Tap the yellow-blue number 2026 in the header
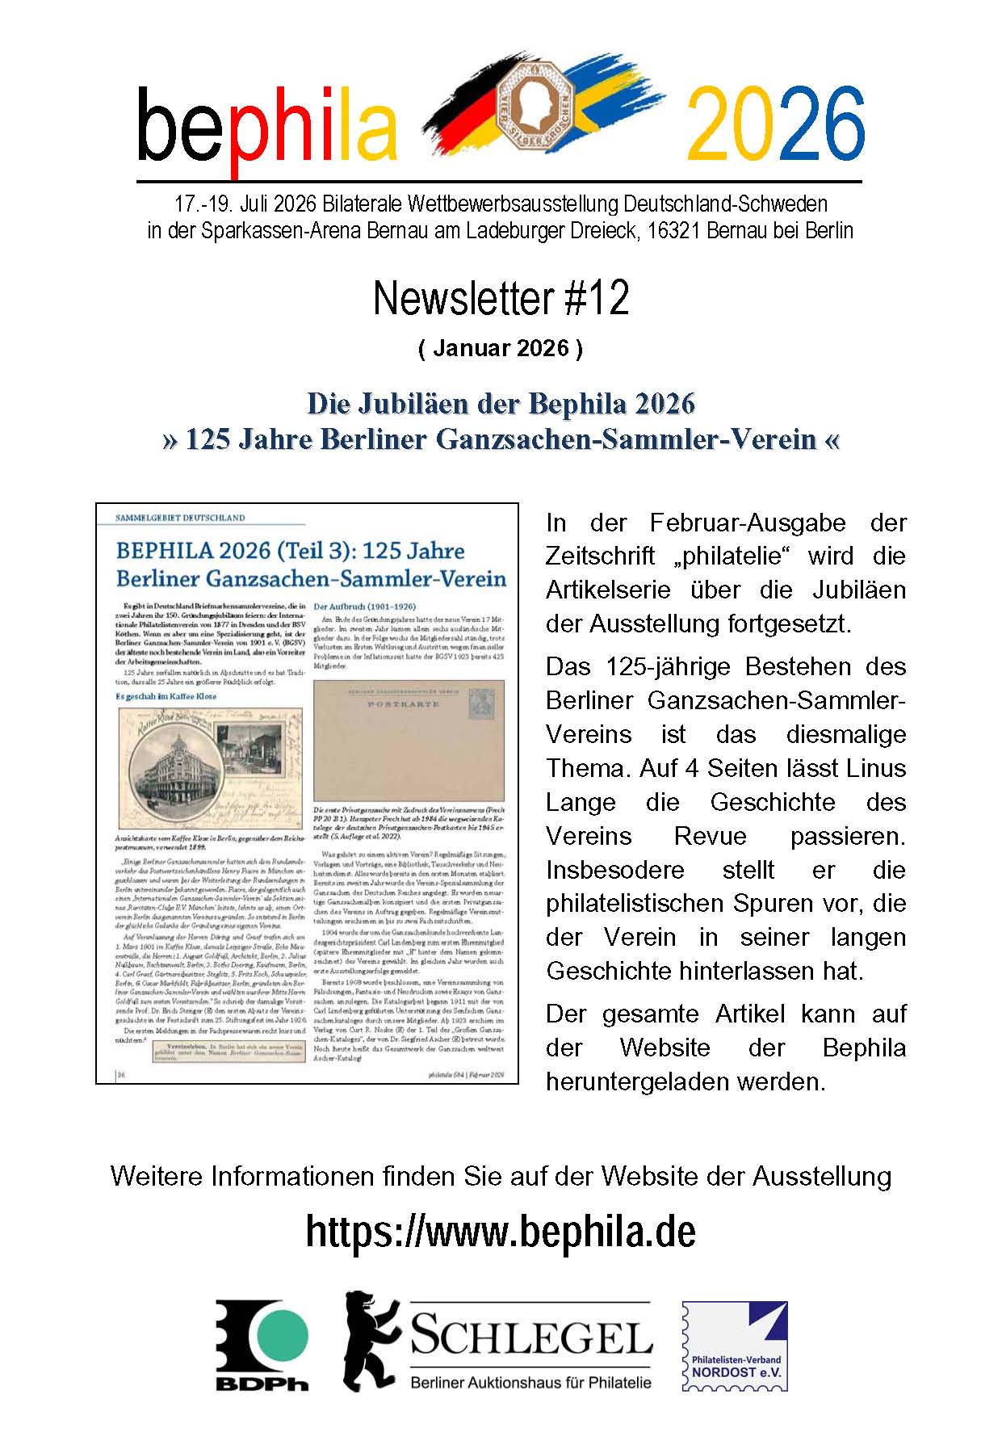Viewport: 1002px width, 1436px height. [774, 124]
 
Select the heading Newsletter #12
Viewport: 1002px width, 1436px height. [501, 298]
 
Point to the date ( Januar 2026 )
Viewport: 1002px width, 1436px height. [501, 348]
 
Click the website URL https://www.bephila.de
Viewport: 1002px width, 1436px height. [501, 1232]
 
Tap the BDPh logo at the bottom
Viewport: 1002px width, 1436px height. [262, 1344]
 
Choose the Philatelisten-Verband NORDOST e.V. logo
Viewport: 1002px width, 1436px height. [735, 1346]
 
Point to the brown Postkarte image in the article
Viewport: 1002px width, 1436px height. [409, 739]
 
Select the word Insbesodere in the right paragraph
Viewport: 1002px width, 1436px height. [615, 870]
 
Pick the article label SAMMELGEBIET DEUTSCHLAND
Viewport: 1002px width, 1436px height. [180, 518]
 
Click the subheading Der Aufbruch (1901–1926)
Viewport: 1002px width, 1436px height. [364, 606]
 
